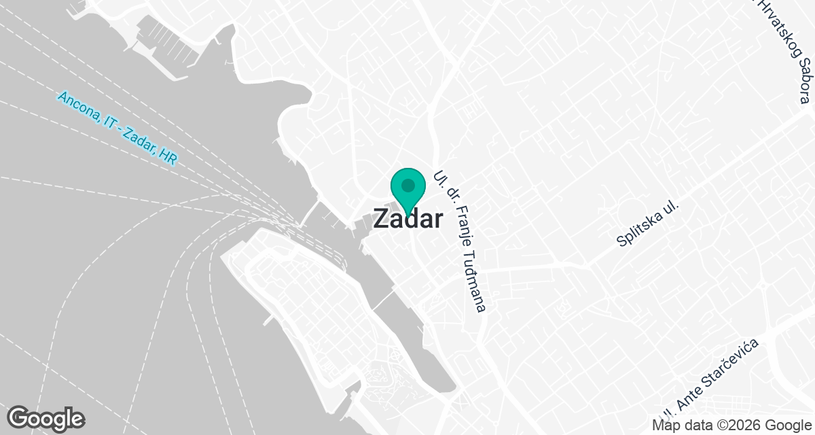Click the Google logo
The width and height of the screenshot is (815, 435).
click(x=46, y=417)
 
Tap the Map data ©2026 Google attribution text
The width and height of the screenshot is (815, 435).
click(x=731, y=425)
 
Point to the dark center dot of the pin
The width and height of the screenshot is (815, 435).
click(x=407, y=185)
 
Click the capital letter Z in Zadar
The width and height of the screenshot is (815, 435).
click(x=382, y=220)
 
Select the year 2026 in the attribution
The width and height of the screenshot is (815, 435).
click(x=736, y=425)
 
